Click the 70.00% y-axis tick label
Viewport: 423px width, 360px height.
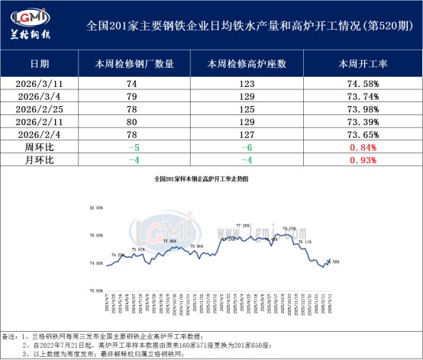tap(96, 291)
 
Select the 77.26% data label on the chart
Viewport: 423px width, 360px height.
tap(243, 226)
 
